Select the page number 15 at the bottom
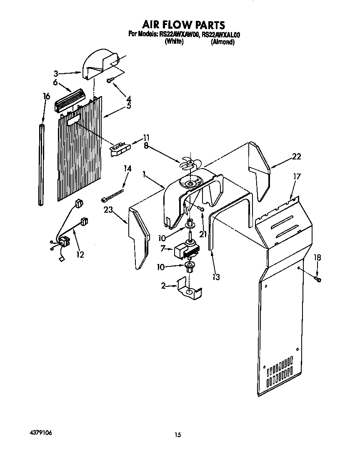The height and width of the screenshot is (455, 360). (x=178, y=435)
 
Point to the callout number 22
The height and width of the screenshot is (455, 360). (x=296, y=157)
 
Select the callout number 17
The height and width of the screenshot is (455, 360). (x=297, y=177)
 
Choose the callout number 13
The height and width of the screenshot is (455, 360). (x=215, y=276)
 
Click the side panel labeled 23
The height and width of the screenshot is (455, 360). (x=138, y=237)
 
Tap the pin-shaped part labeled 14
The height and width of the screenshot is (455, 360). (x=112, y=196)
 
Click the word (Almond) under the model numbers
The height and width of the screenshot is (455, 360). (x=222, y=42)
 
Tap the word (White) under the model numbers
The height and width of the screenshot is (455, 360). (x=174, y=42)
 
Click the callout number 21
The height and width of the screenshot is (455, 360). (x=203, y=235)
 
